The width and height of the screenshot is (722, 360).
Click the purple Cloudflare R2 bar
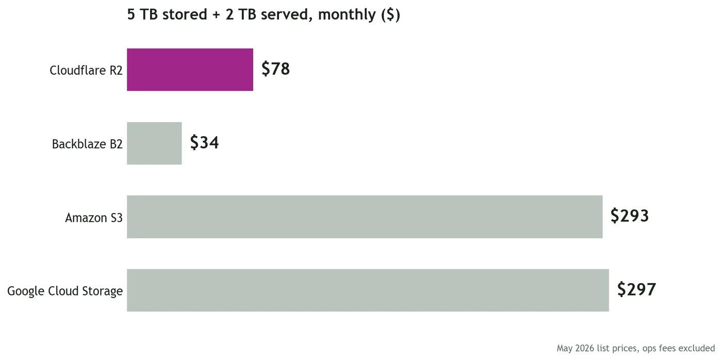(x=190, y=70)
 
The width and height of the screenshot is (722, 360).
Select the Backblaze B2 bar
(x=154, y=143)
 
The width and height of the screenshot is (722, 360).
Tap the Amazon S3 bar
(x=365, y=217)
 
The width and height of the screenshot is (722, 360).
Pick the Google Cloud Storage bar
(x=368, y=290)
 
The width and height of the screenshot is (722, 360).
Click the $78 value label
(x=275, y=69)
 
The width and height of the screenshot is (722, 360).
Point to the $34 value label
(x=204, y=142)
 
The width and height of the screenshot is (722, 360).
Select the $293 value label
(x=630, y=216)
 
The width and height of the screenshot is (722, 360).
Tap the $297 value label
(x=636, y=289)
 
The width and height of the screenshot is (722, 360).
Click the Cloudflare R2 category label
(x=86, y=70)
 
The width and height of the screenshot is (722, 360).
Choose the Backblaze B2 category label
(x=87, y=144)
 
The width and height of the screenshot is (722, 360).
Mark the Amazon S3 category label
(x=94, y=218)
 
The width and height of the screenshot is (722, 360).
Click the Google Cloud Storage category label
(x=65, y=291)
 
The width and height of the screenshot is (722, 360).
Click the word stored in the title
(x=185, y=14)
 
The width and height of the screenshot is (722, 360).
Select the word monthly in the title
(x=347, y=15)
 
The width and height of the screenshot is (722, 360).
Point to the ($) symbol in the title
(x=390, y=15)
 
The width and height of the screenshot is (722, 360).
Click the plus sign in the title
(x=216, y=15)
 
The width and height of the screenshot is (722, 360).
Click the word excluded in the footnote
(x=696, y=349)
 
